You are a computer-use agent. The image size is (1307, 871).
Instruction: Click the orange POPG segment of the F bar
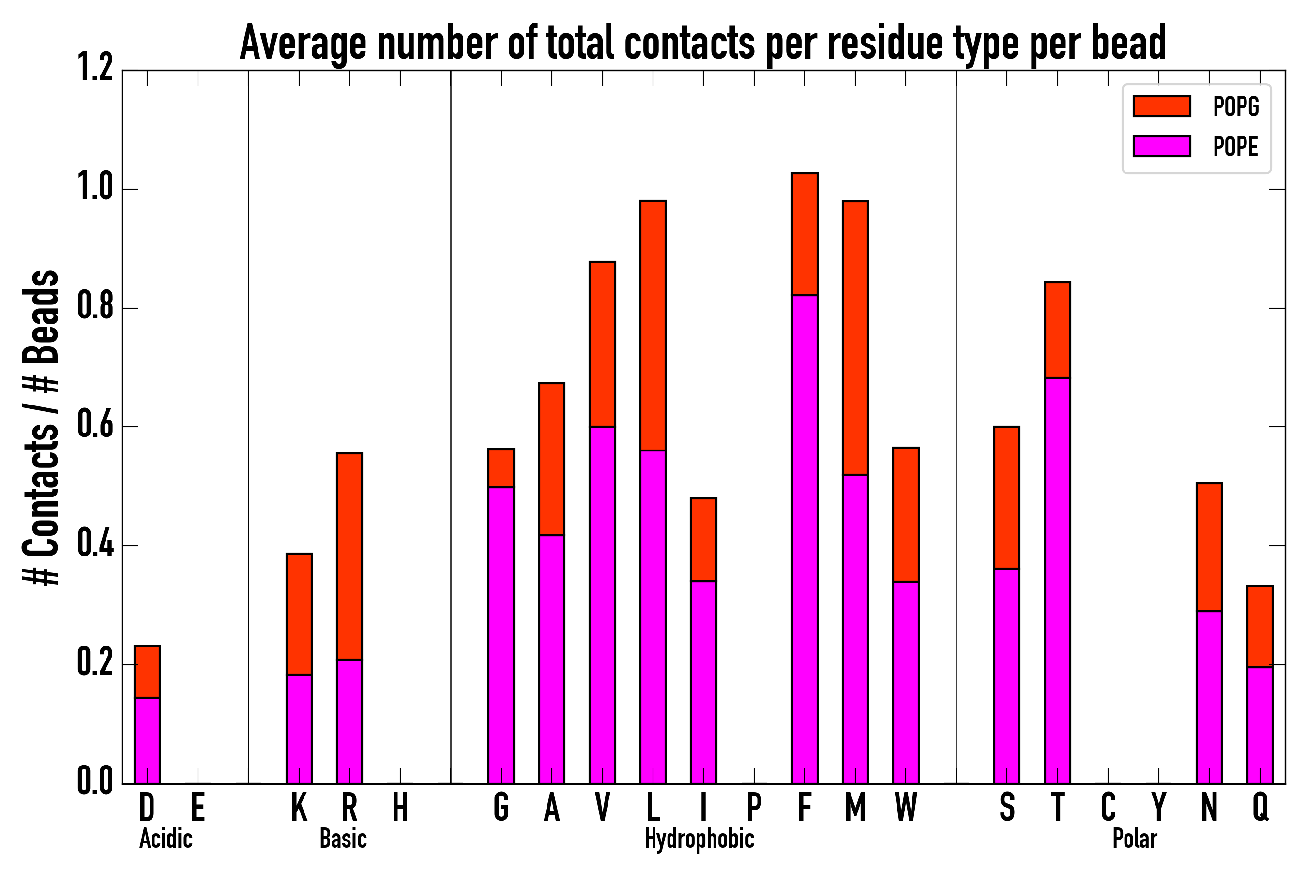805,234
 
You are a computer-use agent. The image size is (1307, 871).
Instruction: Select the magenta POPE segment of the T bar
1058,581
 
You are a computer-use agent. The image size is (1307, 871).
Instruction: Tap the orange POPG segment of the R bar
349,556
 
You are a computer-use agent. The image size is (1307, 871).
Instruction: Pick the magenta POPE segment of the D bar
147,740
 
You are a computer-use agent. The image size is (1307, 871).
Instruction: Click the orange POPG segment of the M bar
855,338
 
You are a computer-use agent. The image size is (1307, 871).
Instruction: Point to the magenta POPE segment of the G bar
501,635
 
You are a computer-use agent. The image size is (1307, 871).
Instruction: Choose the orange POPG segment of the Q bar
1260,626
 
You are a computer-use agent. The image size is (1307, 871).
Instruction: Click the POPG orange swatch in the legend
1161,106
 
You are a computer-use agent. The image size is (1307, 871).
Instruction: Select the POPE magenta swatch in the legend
1161,147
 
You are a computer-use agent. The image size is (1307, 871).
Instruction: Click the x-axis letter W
906,807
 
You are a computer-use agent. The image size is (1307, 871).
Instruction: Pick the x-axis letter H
400,807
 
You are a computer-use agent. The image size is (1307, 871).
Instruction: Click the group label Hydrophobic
699,839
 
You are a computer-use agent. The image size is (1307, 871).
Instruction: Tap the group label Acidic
166,839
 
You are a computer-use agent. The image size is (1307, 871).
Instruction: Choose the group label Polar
1134,839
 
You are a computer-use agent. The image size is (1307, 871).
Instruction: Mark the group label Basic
343,839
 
